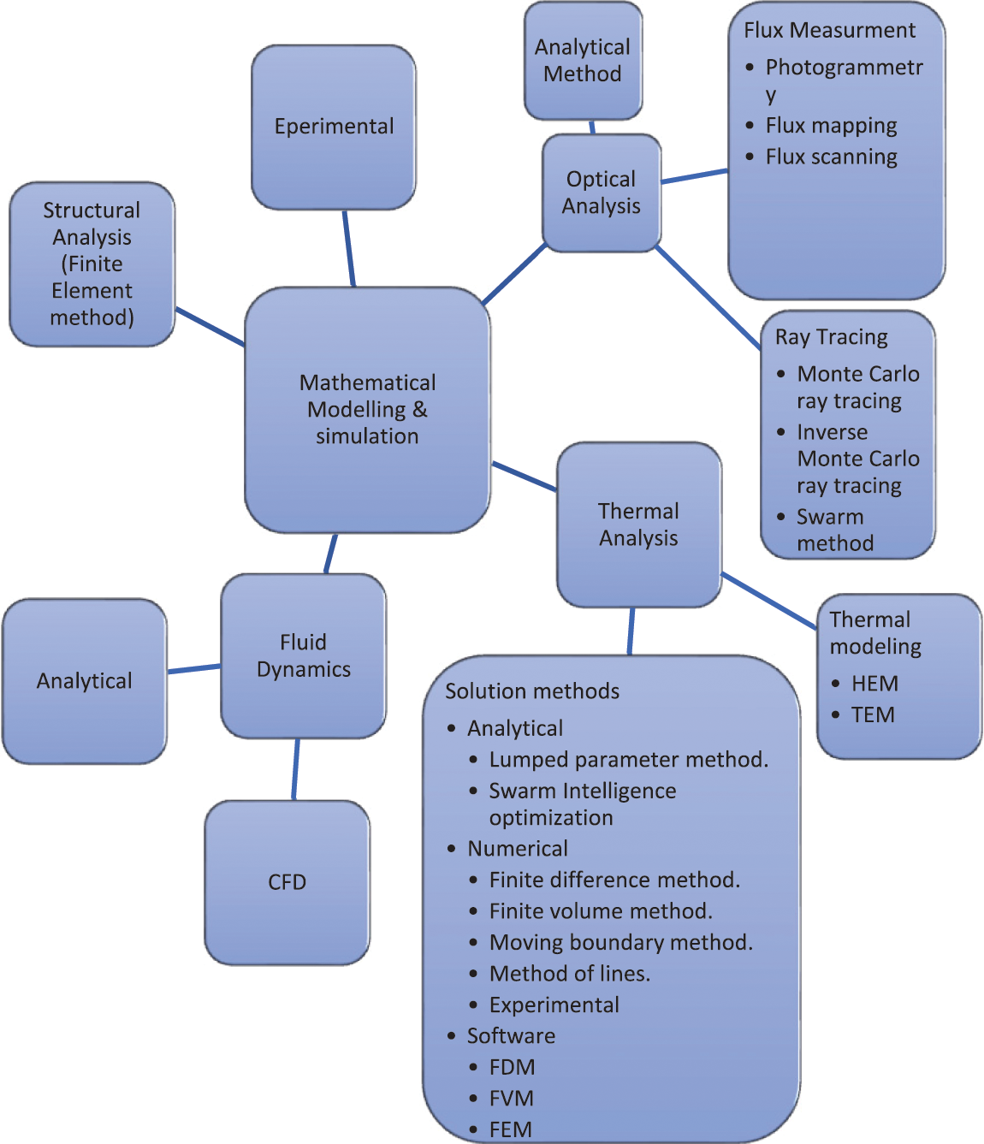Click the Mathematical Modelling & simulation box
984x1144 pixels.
[x=367, y=409]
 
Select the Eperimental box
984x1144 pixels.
[x=334, y=127]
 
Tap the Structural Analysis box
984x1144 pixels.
[x=92, y=264]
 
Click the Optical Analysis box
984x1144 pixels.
[x=602, y=193]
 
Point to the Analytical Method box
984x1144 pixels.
[x=583, y=60]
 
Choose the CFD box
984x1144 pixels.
[x=287, y=882]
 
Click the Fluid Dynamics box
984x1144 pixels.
[x=303, y=655]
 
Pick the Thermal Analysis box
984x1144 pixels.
[x=638, y=525]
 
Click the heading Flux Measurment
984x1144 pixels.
[x=829, y=31]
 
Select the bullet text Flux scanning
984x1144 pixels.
[x=831, y=157]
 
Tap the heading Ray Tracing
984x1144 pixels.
[x=831, y=337]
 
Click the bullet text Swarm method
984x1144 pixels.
[x=834, y=530]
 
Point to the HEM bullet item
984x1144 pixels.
[x=874, y=684]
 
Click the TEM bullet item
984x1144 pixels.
[x=873, y=714]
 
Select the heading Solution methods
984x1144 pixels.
[x=532, y=691]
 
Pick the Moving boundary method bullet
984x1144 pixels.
[x=620, y=942]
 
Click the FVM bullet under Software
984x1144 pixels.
[x=511, y=1098]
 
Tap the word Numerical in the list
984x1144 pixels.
[x=518, y=849]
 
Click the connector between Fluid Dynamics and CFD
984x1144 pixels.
[x=296, y=769]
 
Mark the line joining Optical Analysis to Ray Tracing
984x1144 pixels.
[x=708, y=298]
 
